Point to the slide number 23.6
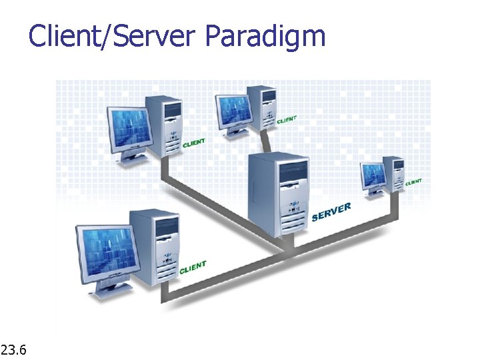14,349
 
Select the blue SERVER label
331,211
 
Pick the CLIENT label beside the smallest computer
413,181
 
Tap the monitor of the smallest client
373,176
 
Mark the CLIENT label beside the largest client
193,267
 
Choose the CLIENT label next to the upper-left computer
194,143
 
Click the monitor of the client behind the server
234,109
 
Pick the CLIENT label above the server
287,120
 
